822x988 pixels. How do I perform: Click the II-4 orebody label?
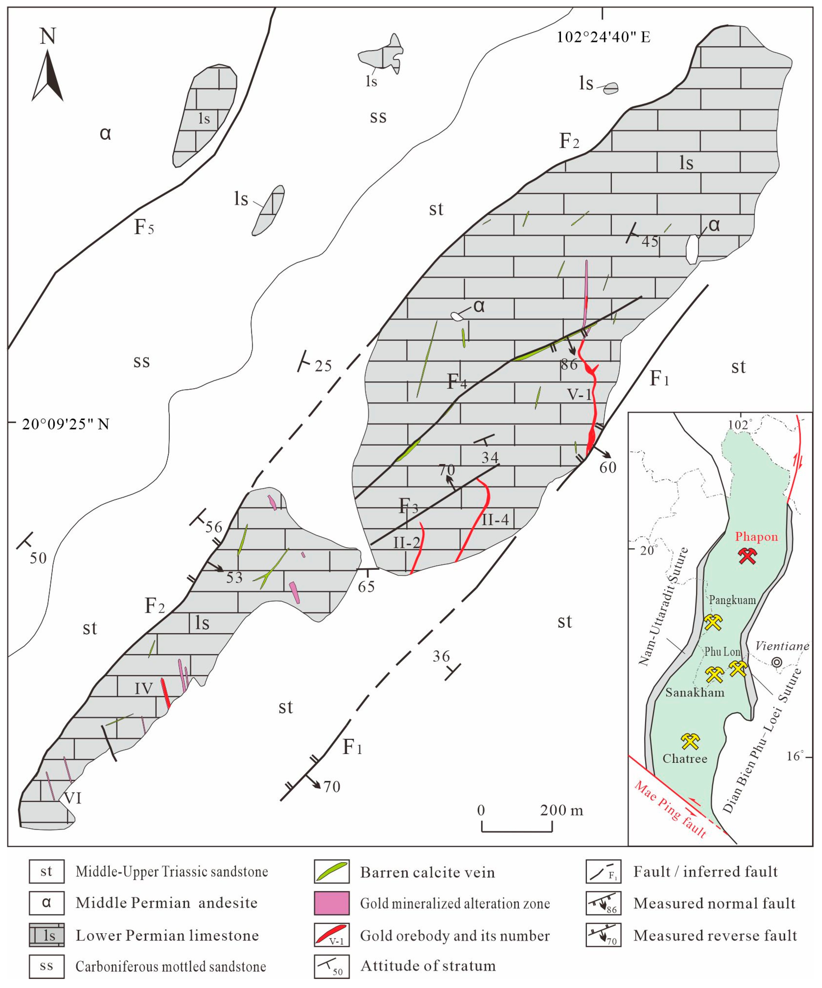click(495, 519)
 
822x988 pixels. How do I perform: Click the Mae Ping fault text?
click(670, 809)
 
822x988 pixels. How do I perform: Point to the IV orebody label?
click(143, 689)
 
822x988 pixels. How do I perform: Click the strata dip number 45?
click(650, 242)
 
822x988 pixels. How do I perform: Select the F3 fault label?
click(408, 506)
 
